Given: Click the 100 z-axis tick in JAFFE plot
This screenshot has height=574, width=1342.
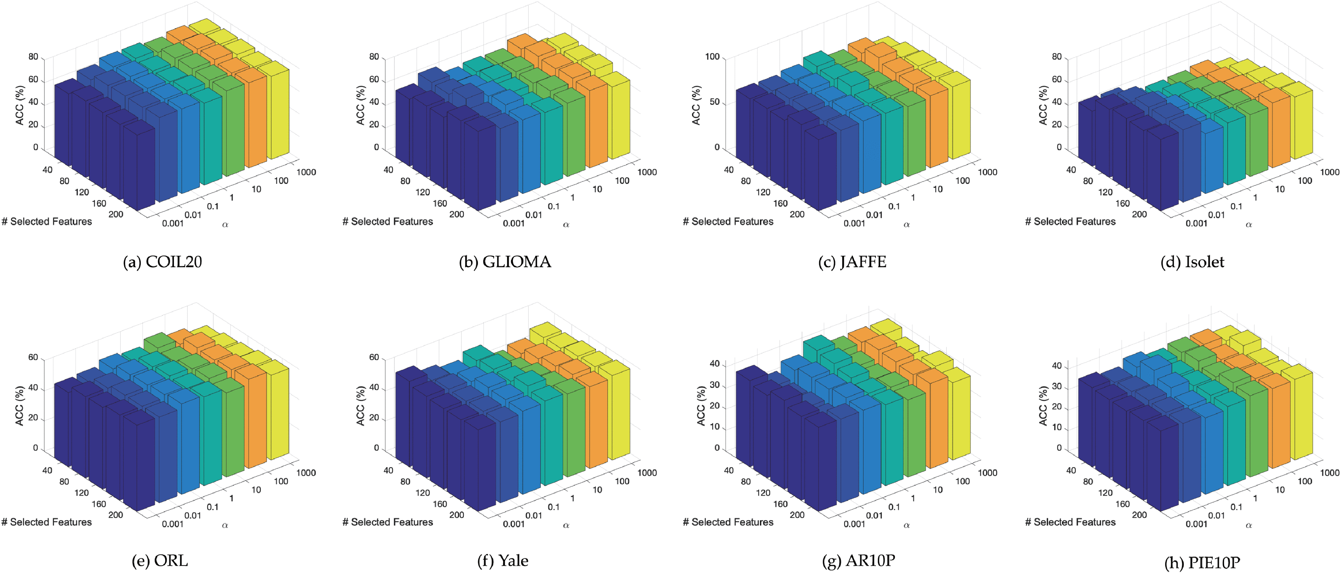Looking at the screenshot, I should pos(712,57).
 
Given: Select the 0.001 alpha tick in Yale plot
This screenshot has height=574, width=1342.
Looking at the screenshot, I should pos(513,524).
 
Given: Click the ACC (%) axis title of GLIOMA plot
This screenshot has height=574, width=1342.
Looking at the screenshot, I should pos(360,105).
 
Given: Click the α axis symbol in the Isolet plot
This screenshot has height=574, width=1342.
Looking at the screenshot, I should pos(1249,225).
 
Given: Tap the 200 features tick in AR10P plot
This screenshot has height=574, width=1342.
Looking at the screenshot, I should pos(797,515).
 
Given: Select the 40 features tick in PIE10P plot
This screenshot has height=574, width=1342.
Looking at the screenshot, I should pos(1071,470).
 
